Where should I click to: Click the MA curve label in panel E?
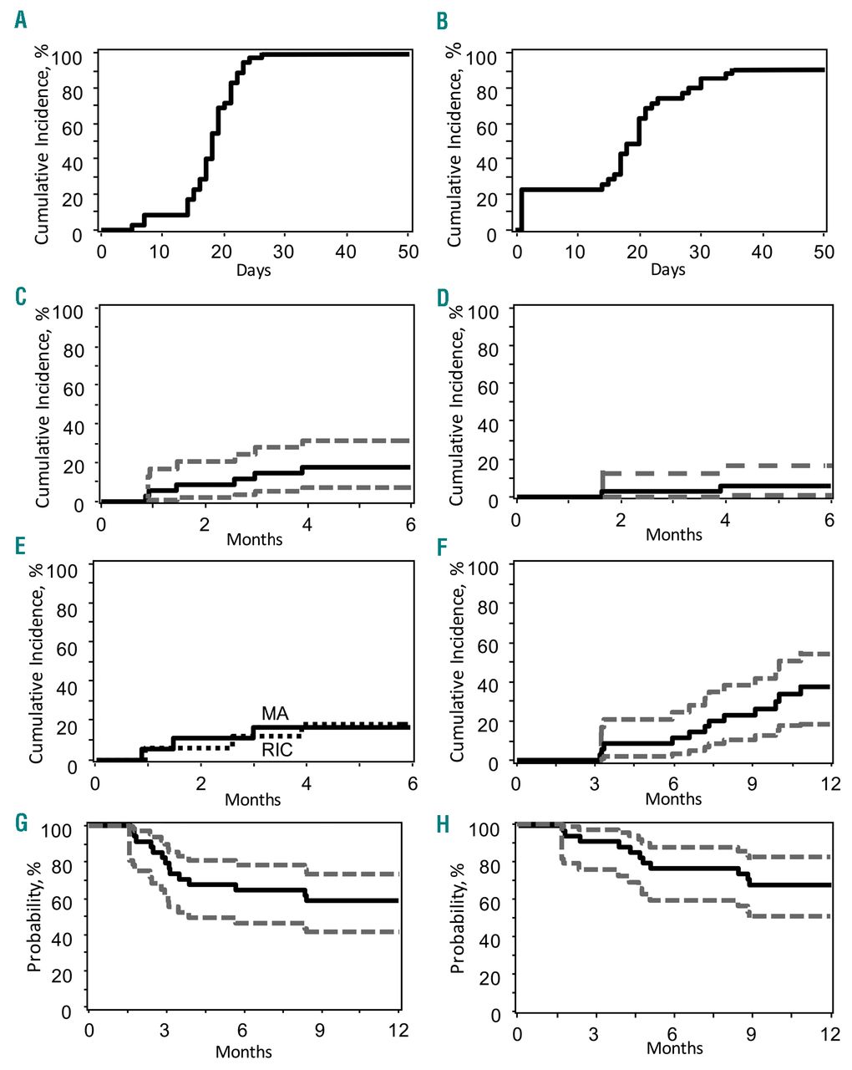(275, 713)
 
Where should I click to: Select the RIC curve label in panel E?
(276, 750)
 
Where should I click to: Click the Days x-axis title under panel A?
(253, 270)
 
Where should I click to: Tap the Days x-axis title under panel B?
(667, 269)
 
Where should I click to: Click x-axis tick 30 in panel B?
(700, 252)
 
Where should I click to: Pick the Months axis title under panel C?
(255, 539)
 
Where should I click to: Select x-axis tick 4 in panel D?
(725, 520)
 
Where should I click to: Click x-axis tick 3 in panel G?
(165, 1030)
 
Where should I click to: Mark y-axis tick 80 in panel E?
(67, 610)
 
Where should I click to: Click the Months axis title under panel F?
(673, 798)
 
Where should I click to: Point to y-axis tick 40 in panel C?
(74, 427)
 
